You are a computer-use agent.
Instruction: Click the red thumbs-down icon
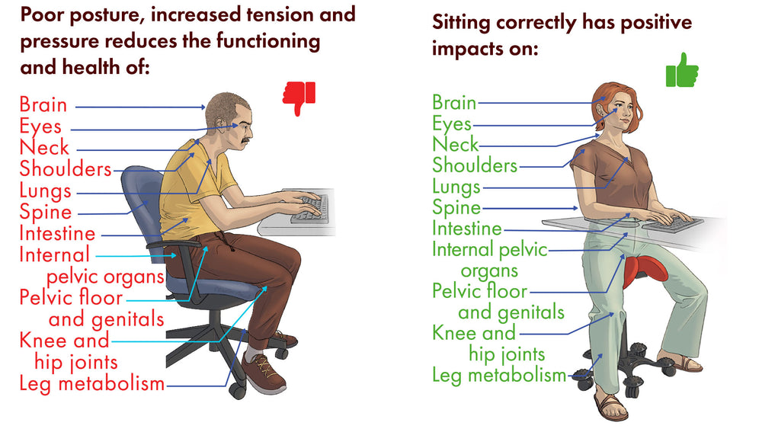[x=299, y=98]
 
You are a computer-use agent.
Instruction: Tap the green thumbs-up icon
[x=682, y=70]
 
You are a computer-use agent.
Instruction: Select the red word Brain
[x=43, y=105]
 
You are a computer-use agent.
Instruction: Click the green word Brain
[x=454, y=103]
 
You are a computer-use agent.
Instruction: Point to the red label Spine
[x=46, y=213]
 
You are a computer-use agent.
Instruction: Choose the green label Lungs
[x=456, y=187]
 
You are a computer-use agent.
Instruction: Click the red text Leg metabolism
[x=92, y=384]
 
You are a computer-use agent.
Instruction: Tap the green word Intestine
[x=467, y=229]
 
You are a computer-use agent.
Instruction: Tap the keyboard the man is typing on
[x=309, y=209]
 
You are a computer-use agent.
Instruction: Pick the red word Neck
[x=44, y=147]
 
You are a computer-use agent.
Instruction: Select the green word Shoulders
[x=475, y=165]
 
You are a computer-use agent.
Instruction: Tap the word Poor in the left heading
[x=42, y=15]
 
